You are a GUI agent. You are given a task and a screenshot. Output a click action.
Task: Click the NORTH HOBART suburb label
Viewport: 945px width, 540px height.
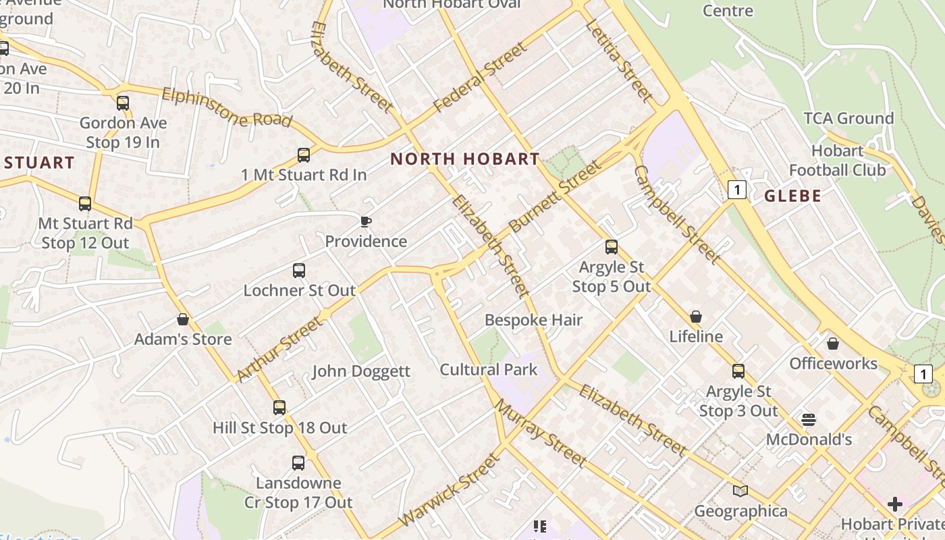[465, 159]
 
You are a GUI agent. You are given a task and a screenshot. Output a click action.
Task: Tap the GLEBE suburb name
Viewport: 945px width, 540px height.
[792, 196]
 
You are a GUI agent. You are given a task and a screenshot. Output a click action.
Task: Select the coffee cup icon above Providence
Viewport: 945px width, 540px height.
[366, 221]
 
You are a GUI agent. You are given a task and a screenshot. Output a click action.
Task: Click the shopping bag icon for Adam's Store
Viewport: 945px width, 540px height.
[182, 319]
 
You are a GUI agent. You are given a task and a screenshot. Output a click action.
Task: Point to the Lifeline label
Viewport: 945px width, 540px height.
[696, 336]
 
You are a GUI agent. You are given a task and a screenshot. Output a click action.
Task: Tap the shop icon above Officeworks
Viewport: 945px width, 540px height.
[833, 344]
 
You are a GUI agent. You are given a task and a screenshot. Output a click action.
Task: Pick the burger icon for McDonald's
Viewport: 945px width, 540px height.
[809, 420]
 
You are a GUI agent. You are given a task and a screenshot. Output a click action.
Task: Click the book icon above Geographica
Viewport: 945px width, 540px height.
[740, 491]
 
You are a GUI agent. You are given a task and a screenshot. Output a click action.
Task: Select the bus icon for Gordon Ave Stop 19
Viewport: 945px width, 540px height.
[123, 103]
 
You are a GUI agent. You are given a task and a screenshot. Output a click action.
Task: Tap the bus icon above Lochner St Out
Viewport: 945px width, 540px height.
[299, 271]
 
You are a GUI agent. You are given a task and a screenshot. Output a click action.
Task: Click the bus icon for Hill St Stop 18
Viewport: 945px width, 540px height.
[279, 408]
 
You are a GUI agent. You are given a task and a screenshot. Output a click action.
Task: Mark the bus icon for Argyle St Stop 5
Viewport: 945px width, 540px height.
[612, 247]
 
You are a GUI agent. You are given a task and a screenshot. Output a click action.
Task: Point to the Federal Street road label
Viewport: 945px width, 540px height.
[480, 78]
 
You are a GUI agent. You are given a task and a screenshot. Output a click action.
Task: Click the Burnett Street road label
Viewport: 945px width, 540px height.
[554, 196]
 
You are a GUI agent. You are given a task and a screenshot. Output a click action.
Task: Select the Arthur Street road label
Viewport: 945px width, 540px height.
[280, 349]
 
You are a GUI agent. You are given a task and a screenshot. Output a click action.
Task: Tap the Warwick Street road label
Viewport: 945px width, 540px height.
[450, 489]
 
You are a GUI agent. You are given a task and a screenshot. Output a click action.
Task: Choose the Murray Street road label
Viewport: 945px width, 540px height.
[541, 433]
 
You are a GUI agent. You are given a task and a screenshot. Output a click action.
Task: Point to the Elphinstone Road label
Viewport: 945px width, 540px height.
[226, 107]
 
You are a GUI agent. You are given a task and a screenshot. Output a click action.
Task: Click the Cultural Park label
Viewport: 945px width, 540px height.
[489, 370]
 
